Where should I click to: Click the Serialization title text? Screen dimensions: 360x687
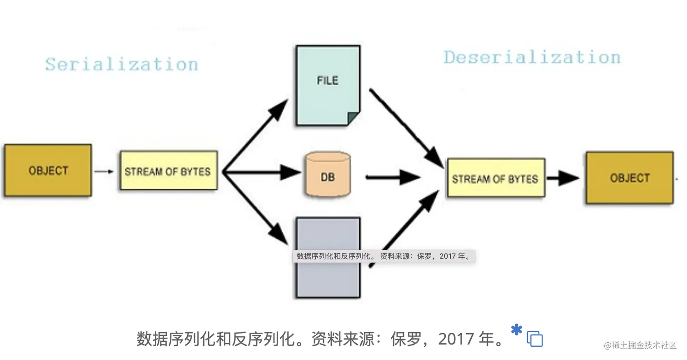coord(121,64)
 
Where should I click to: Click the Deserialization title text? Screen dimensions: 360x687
coord(532,57)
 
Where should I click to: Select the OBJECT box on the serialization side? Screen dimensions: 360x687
coord(48,170)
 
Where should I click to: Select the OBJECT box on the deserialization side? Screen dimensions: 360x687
coord(629,178)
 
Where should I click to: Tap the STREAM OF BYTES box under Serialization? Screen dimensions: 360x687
coord(168,171)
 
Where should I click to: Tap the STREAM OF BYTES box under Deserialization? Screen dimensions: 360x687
coord(496,178)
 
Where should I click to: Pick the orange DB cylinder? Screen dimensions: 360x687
coord(328,175)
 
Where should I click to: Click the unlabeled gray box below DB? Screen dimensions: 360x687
coord(328,282)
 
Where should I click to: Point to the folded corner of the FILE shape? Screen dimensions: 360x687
coord(354,119)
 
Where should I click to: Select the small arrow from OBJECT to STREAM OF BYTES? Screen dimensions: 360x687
coord(104,171)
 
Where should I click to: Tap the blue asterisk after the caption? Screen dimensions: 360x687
coord(516,330)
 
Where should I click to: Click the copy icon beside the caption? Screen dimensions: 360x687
coord(535,339)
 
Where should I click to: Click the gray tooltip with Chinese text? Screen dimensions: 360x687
coord(383,256)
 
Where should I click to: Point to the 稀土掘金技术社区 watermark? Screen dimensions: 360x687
coord(640,345)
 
